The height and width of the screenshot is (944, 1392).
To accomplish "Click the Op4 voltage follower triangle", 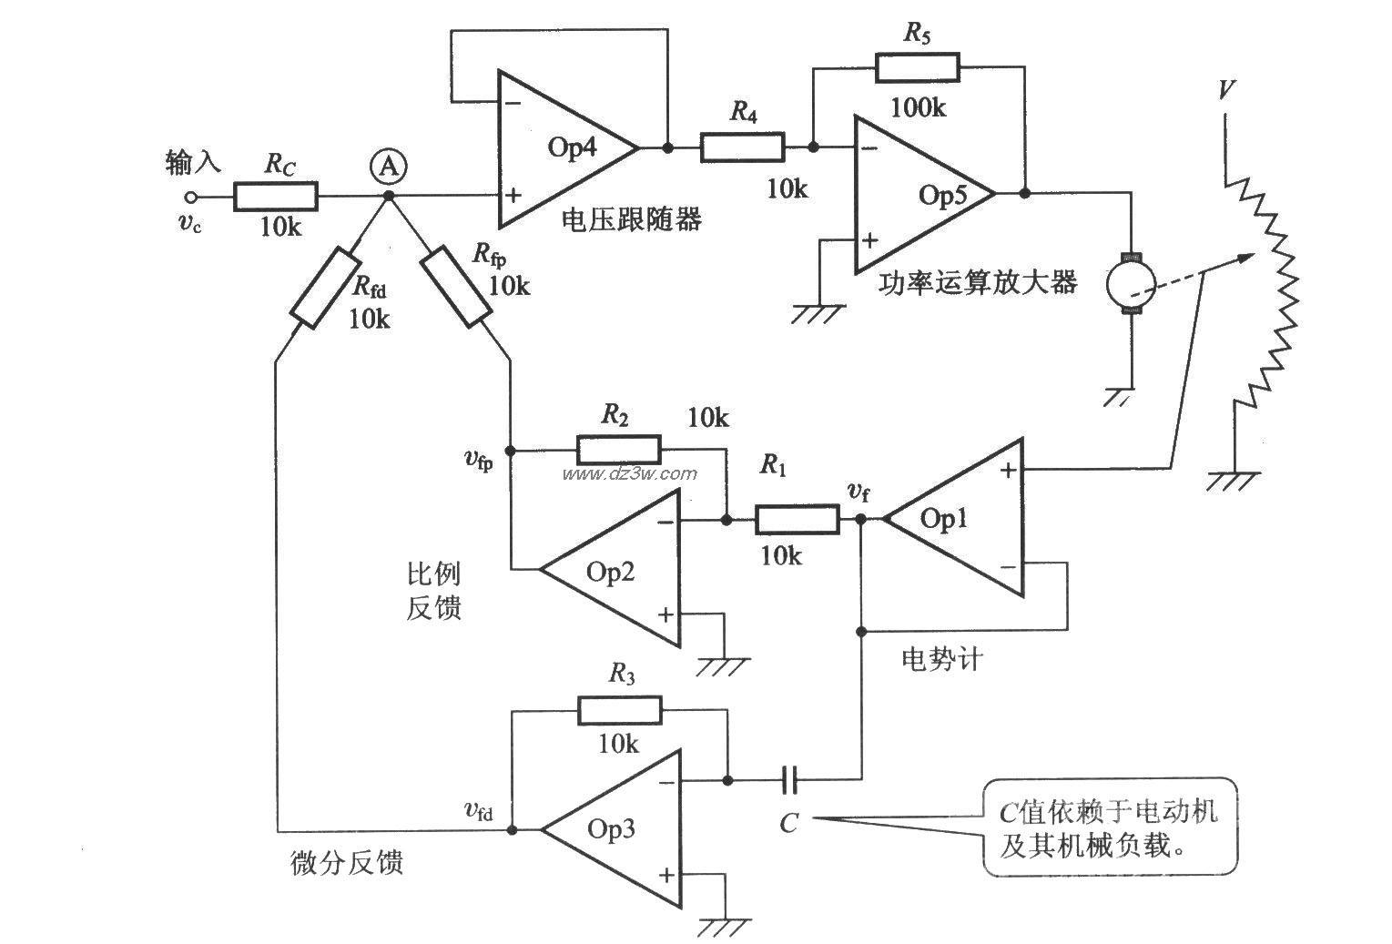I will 564,147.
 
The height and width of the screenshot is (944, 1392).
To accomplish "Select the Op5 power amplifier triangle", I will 920,194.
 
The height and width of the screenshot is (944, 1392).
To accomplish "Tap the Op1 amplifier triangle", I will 956,519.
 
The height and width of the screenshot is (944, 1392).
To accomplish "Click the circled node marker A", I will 389,167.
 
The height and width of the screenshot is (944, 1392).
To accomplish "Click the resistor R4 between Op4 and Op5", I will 741,147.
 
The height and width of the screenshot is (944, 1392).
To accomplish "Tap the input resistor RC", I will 276,196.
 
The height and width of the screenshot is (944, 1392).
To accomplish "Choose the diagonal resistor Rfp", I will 455,286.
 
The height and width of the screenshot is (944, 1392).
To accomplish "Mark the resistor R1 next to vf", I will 797,520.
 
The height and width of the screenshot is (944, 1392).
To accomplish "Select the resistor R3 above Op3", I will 619,710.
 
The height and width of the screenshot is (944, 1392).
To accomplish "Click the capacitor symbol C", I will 790,779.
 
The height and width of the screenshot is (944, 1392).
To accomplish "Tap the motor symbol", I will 1130,284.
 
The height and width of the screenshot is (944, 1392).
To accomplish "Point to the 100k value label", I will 918,107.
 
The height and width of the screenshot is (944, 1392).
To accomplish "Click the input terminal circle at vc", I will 190,197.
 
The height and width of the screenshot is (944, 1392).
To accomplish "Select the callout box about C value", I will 1111,827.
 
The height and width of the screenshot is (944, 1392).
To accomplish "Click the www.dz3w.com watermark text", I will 629,473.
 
